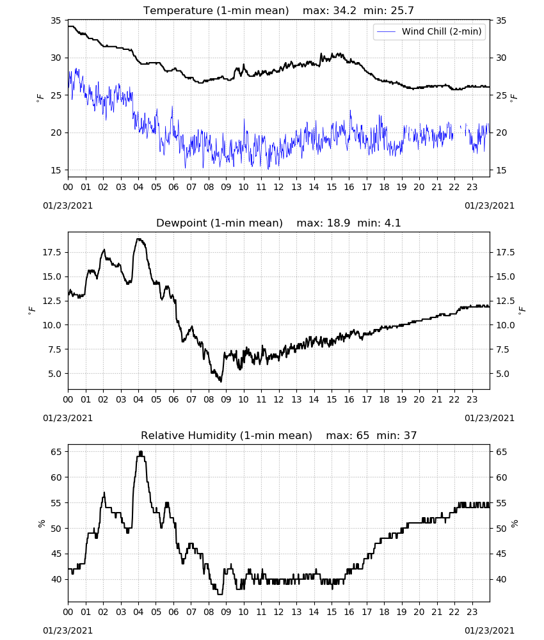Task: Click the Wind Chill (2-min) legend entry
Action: tap(429, 31)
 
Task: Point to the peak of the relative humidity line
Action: tap(141, 452)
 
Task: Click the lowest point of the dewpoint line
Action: tap(221, 381)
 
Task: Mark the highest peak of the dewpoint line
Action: tap(138, 239)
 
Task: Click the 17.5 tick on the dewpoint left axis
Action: tap(52, 253)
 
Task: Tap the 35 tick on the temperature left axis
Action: tap(56, 21)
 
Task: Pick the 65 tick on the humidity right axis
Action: tap(501, 452)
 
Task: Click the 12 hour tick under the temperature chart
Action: tap(279, 188)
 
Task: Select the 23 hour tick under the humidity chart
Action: tap(472, 612)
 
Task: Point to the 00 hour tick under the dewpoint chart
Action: tap(68, 399)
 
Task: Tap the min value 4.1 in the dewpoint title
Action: tap(392, 223)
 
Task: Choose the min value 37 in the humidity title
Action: tap(410, 435)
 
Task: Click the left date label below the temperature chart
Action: tap(68, 205)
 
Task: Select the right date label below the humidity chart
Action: tap(490, 630)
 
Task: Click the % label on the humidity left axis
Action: tap(42, 524)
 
